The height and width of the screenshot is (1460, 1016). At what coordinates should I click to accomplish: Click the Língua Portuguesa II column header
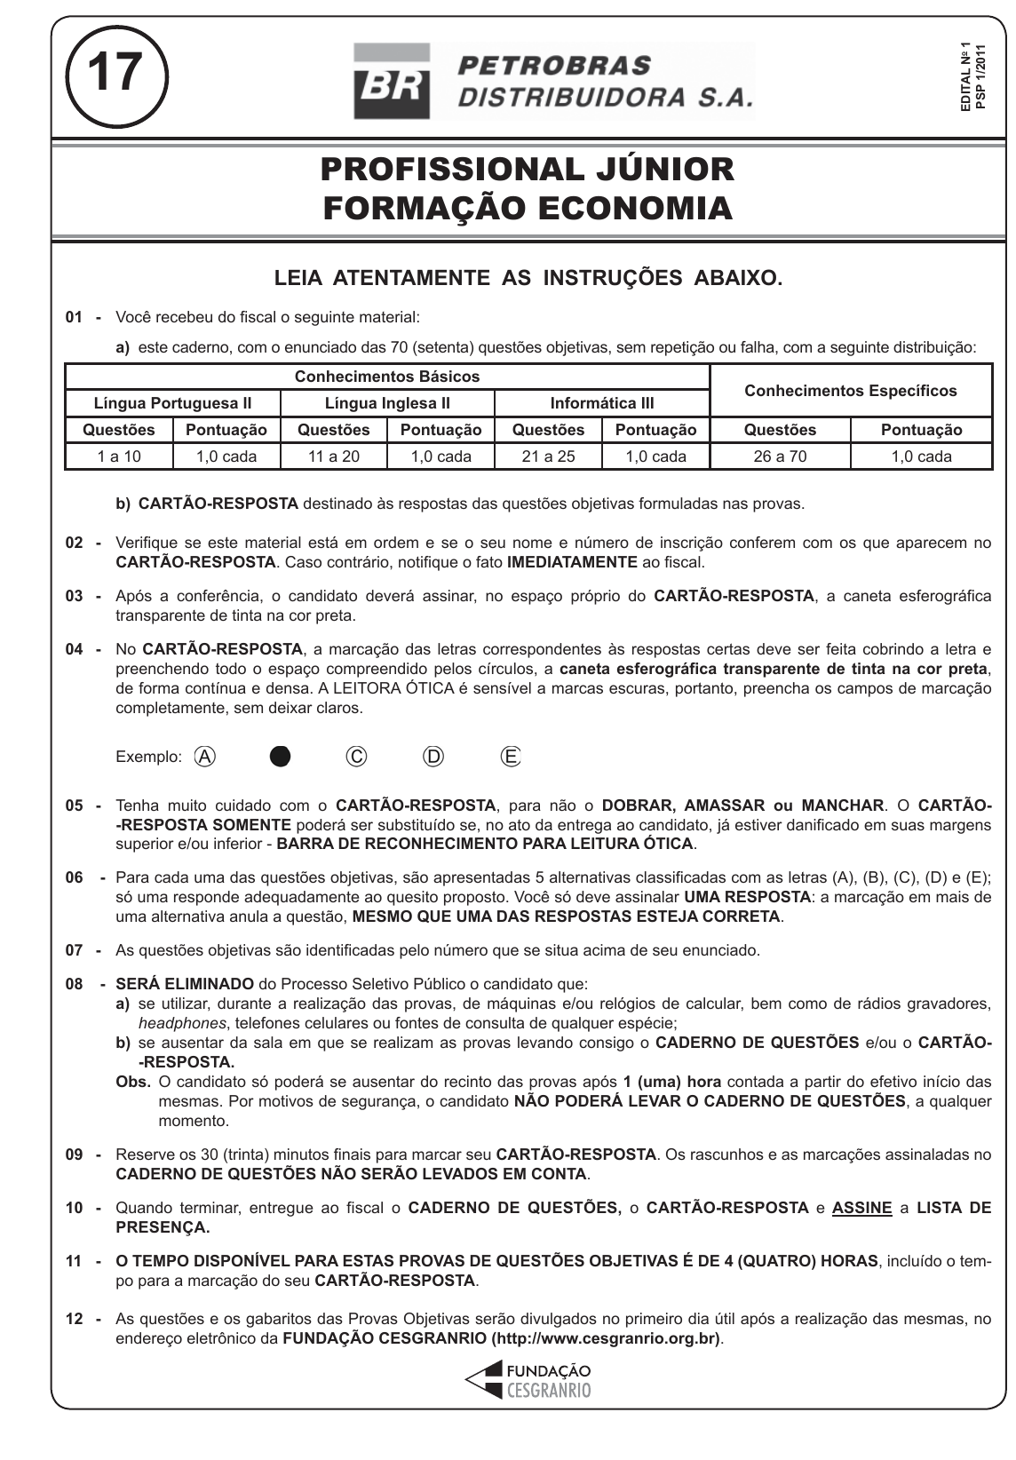point(173,403)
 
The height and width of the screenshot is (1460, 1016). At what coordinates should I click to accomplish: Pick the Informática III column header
point(602,403)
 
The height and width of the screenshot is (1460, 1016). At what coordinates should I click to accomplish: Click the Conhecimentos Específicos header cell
point(850,391)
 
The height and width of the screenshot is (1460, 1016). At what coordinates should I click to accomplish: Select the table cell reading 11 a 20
point(334,456)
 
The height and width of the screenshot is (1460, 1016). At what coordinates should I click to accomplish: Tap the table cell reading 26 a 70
point(780,456)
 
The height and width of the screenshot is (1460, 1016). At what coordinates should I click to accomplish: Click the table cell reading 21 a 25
point(549,456)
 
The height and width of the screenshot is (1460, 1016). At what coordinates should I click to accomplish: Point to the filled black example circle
point(281,757)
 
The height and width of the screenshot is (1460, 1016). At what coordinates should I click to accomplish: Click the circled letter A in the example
point(206,757)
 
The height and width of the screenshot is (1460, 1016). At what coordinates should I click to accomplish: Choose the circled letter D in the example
point(433,757)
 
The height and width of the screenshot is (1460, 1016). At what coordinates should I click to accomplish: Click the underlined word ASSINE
point(861,1208)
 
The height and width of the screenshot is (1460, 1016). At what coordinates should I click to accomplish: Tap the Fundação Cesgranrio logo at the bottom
point(528,1381)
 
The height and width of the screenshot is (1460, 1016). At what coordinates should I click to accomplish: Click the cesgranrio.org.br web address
point(606,1339)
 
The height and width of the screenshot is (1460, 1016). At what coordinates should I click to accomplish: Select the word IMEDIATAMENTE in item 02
point(572,562)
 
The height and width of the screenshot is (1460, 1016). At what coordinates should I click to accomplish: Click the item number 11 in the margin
point(75,1261)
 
